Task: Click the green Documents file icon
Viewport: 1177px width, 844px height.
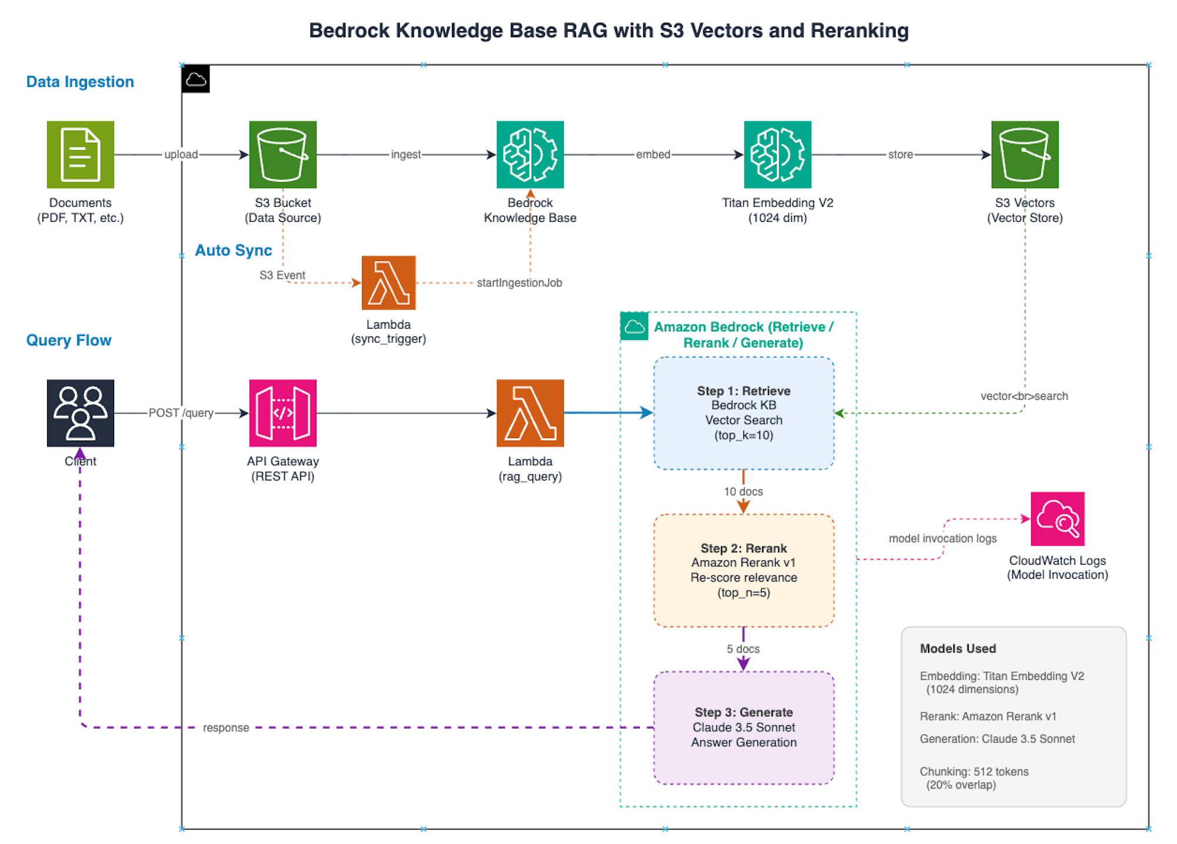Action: click(81, 155)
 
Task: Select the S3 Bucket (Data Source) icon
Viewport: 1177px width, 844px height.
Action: click(282, 155)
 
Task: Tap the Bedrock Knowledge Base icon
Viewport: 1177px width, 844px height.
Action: click(530, 155)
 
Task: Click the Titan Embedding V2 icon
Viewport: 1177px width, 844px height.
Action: click(777, 155)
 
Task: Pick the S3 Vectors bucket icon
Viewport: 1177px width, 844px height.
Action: click(1025, 155)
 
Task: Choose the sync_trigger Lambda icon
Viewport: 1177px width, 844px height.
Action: click(388, 283)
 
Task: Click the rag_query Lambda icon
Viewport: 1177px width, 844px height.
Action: click(530, 413)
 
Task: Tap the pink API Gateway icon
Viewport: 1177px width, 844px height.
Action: click(282, 413)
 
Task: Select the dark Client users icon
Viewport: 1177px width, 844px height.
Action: click(81, 413)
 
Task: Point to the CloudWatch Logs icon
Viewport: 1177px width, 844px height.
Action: click(1058, 519)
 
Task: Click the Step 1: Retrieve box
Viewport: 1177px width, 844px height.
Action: click(743, 413)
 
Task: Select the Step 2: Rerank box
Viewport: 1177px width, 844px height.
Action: click(743, 570)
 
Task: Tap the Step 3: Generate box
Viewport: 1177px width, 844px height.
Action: click(743, 728)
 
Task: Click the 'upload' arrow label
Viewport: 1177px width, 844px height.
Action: click(181, 155)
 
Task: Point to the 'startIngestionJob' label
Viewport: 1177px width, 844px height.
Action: click(519, 283)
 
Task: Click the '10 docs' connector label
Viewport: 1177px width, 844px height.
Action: click(743, 492)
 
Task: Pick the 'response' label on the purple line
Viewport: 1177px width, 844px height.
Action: click(226, 728)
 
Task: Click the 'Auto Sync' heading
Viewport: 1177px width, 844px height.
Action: click(233, 251)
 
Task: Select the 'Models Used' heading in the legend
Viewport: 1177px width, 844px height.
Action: click(957, 649)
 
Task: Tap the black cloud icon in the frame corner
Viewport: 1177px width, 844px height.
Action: click(196, 79)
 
